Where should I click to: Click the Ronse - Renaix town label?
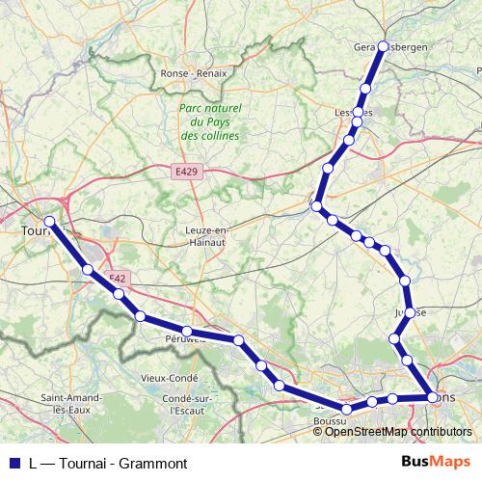pos(194,73)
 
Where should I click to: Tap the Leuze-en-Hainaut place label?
pos(207,236)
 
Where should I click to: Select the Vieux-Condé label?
pos(168,378)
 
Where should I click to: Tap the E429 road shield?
pos(187,171)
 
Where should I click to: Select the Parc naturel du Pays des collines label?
pos(209,122)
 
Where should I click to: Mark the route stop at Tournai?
pos(49,222)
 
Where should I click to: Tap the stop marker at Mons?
pos(431,396)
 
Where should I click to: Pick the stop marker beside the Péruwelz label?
pos(188,333)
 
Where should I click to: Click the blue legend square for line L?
pos(13,464)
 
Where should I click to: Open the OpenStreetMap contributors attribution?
pos(398,431)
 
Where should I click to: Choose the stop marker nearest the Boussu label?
pos(346,410)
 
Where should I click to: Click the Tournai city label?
pos(35,231)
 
